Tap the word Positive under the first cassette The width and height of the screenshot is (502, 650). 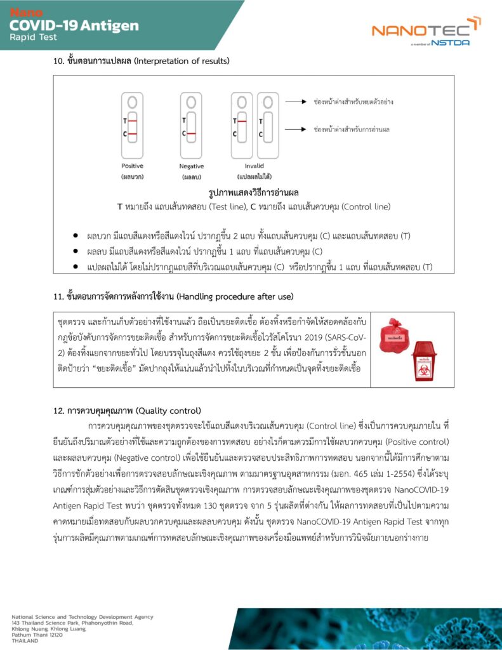point(133,166)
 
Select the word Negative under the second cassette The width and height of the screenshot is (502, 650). point(191,166)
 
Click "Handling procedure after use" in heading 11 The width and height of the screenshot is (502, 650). point(235,296)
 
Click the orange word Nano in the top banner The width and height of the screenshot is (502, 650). point(25,13)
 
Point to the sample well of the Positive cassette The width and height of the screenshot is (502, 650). point(132,102)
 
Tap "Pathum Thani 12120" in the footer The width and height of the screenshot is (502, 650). point(38,634)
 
